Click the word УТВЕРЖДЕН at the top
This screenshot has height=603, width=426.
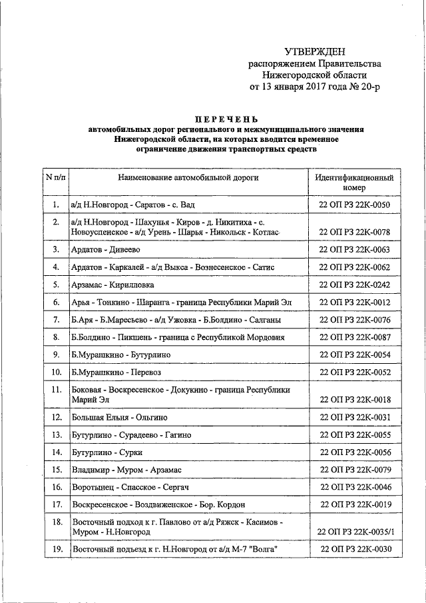(315, 51)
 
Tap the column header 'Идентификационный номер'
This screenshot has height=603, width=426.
(354, 183)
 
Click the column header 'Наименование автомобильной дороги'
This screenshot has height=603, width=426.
(188, 179)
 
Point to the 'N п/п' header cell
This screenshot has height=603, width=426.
(55, 178)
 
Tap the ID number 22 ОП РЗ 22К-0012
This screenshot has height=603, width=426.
(354, 302)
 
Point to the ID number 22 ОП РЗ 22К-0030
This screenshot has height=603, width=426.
(354, 549)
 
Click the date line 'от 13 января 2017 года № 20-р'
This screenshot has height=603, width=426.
(316, 87)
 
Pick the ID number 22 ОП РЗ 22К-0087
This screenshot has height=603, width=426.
(354, 337)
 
